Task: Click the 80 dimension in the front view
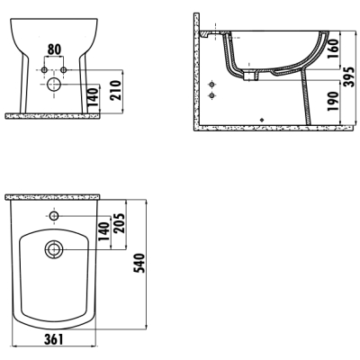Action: point(54,49)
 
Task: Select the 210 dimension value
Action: point(116,90)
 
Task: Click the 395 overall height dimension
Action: point(349,77)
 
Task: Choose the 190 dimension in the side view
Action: point(333,102)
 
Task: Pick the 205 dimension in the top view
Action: point(119,223)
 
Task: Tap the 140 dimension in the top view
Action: point(103,232)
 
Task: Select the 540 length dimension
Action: point(139,263)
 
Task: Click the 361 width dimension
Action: point(54,339)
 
